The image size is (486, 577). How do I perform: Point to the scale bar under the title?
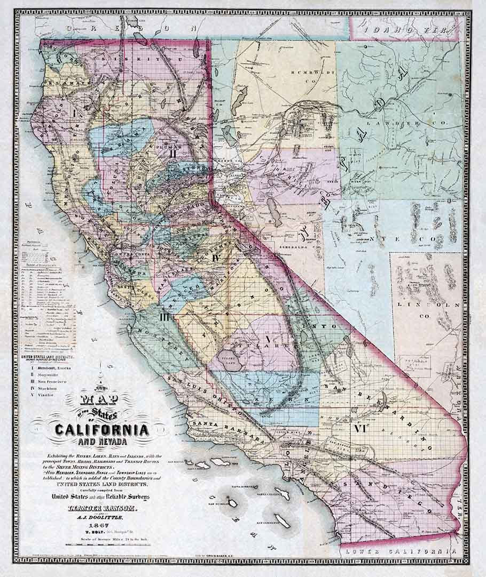pos(101,546)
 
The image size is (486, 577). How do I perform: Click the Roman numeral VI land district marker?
pos(359,428)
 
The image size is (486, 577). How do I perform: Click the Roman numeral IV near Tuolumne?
pos(216,258)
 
